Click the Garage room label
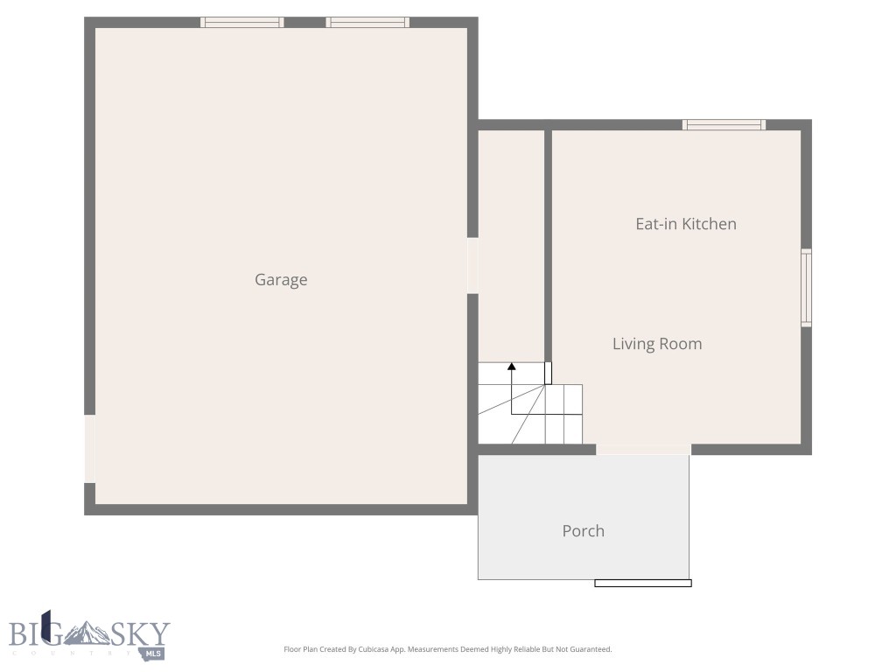click(x=281, y=280)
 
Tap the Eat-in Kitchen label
click(x=685, y=224)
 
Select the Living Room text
click(x=656, y=344)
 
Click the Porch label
click(x=583, y=531)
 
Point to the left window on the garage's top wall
click(x=242, y=23)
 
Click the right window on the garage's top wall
click(x=367, y=23)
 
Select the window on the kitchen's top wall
click(x=724, y=125)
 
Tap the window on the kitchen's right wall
click(x=806, y=288)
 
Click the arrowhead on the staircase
click(x=512, y=367)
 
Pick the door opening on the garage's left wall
click(x=89, y=448)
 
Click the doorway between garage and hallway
click(x=472, y=266)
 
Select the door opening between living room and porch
click(x=643, y=450)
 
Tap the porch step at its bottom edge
click(x=643, y=583)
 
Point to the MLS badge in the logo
click(x=154, y=654)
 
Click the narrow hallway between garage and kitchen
click(x=511, y=245)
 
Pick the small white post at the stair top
click(x=549, y=373)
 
